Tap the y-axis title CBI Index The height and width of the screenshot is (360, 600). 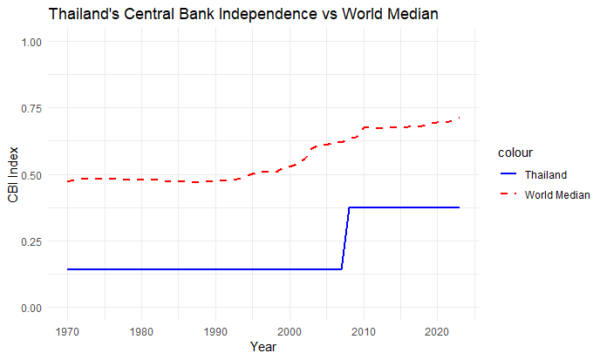tap(13, 174)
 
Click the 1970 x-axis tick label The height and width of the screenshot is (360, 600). tap(67, 331)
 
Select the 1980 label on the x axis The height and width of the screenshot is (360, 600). tap(141, 331)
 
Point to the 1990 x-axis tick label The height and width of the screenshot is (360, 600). tap(215, 331)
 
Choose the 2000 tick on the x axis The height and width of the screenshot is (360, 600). tap(289, 331)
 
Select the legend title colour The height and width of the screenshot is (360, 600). tap(515, 153)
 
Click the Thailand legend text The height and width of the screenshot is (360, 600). tap(546, 174)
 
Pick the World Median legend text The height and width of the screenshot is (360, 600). tap(558, 194)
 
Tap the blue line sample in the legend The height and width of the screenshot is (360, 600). tap(508, 174)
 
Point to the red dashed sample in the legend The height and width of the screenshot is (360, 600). tap(508, 194)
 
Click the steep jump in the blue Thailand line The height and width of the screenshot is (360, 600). tap(345, 238)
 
